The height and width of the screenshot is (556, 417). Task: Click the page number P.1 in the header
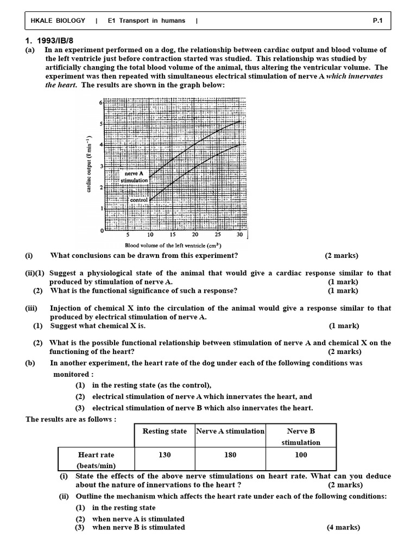(378, 21)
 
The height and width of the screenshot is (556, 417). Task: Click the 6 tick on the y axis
(100, 102)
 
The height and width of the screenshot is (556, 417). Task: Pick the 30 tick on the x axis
(239, 235)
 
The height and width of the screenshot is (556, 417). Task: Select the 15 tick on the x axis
(172, 235)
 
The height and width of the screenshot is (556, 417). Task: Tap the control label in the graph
(139, 200)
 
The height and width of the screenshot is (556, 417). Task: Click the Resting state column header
(164, 431)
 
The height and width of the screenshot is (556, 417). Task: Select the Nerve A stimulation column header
(230, 431)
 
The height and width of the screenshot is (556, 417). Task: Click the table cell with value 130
(164, 455)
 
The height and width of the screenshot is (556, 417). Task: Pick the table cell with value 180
(230, 455)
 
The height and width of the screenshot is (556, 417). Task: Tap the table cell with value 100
(301, 455)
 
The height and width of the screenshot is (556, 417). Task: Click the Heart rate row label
(96, 455)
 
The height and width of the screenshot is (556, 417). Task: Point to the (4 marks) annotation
(343, 527)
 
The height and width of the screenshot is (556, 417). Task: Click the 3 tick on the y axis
(100, 166)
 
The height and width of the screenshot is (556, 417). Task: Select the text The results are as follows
(71, 419)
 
